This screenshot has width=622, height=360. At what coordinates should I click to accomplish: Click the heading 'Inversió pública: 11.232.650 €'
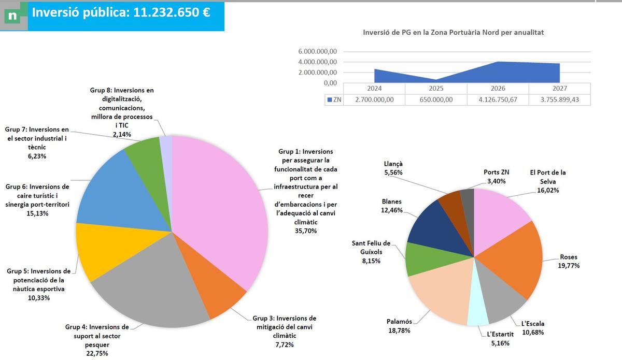[121, 13]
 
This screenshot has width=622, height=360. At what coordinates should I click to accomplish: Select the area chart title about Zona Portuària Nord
[454, 32]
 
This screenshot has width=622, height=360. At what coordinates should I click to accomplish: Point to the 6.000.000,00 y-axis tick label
[318, 51]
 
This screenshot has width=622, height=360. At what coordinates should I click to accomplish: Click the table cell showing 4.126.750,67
[498, 99]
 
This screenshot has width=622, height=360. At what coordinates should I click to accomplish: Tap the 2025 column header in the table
[436, 88]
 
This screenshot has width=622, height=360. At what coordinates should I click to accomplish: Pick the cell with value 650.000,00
[436, 99]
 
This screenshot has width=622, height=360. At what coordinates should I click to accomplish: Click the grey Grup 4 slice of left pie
[150, 290]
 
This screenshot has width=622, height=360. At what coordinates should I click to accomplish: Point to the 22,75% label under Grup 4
[97, 353]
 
